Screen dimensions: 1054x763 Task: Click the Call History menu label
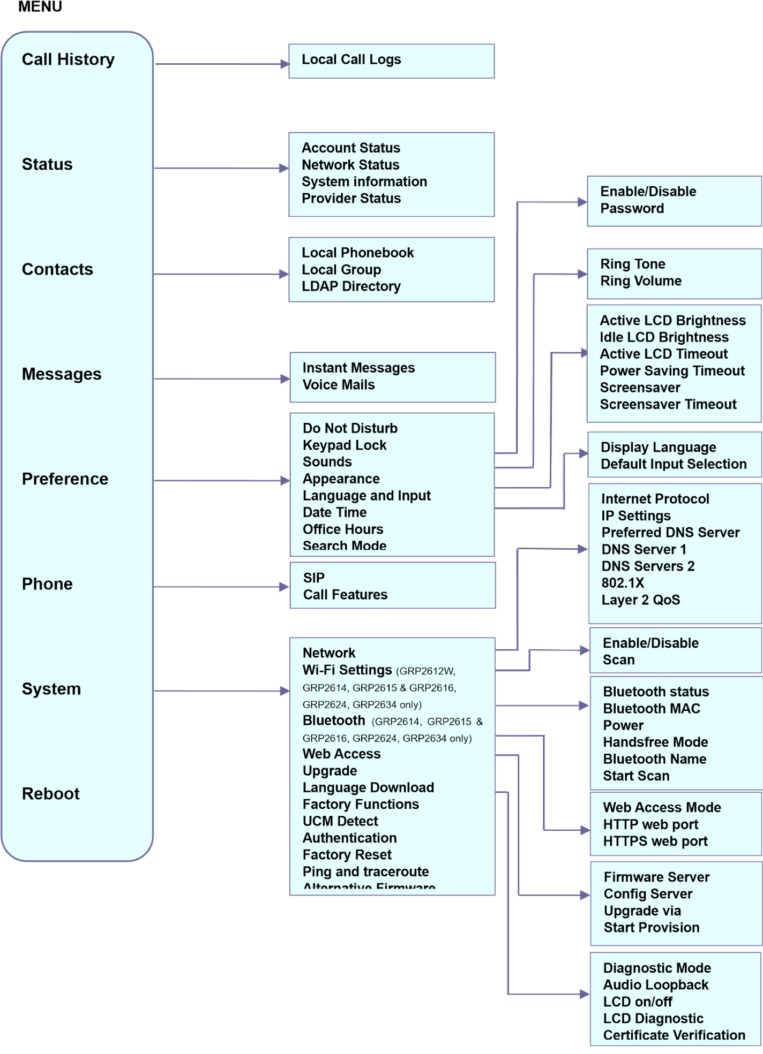click(x=68, y=59)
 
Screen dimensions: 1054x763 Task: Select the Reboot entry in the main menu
click(x=50, y=793)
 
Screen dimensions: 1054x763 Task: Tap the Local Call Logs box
click(x=351, y=59)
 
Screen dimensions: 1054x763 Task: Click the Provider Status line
click(x=351, y=198)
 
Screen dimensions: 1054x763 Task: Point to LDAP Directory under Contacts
click(x=351, y=286)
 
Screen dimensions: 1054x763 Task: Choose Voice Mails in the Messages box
click(x=339, y=384)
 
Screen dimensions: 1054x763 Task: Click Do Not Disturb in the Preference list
click(x=350, y=428)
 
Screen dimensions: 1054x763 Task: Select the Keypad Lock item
click(x=345, y=445)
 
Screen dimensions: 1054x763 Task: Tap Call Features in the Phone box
click(x=345, y=594)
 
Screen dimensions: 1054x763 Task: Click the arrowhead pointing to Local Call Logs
click(x=285, y=64)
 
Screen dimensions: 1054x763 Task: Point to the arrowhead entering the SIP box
click(x=285, y=587)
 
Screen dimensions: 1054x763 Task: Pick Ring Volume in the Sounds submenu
click(x=641, y=281)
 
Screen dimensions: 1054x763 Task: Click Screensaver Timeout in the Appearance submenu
click(x=668, y=404)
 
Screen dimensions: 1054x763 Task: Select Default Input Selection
click(x=674, y=464)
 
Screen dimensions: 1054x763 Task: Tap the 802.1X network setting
click(x=623, y=583)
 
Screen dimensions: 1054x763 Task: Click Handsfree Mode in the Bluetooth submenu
click(x=655, y=742)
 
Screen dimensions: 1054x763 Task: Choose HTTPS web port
click(x=655, y=841)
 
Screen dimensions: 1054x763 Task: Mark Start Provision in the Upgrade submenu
click(x=652, y=927)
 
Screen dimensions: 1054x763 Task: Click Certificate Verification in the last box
click(x=674, y=1035)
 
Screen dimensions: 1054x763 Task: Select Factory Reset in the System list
click(x=347, y=854)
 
